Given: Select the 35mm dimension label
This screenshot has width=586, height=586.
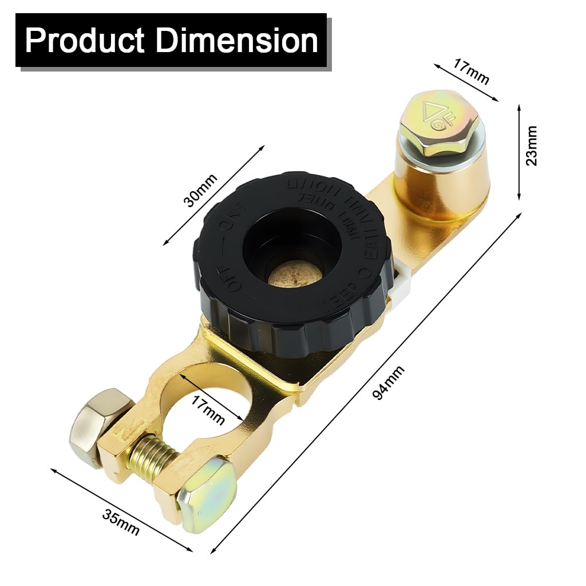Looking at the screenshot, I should pos(120,521).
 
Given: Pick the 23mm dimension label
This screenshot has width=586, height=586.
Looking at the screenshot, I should pos(532,145).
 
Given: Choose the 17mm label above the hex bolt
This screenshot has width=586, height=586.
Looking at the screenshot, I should pos(471,72).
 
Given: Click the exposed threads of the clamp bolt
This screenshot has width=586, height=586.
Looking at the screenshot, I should pos(151,455).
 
